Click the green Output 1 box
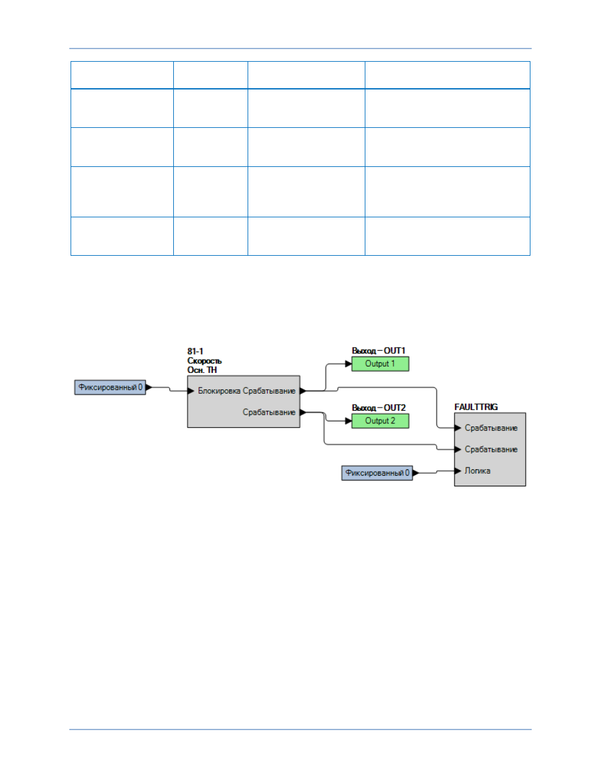pos(380,363)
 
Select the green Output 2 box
pos(380,421)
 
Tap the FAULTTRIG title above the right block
pos(476,407)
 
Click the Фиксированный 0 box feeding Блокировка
pos(110,387)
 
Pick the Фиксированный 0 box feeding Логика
pos(377,473)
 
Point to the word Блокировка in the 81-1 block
pos(219,391)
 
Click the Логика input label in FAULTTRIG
pos(478,471)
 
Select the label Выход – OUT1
pos(379,350)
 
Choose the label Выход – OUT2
pos(379,408)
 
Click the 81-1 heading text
pos(195,352)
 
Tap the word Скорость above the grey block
pos(204,361)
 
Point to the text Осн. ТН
pos(202,370)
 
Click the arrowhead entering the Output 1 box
pos(348,364)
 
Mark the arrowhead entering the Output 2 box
pos(348,421)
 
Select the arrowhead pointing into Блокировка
pos(191,391)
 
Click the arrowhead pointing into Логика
pos(458,471)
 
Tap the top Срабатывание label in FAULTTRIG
pos(491,428)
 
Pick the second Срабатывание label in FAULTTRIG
pos(491,450)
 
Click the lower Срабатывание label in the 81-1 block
pos(269,413)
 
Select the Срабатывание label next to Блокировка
pos(269,391)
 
